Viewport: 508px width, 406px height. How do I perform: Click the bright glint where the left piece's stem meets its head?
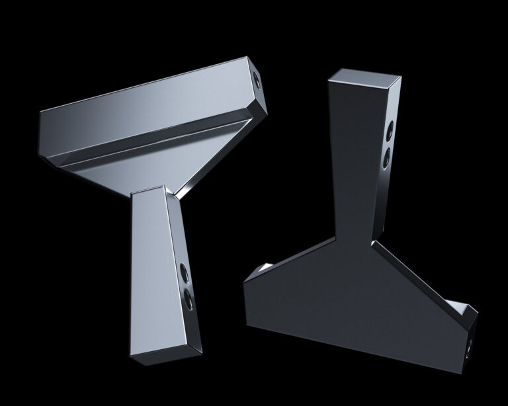tap(173, 192)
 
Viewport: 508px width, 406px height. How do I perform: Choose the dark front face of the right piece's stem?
tap(353, 159)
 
